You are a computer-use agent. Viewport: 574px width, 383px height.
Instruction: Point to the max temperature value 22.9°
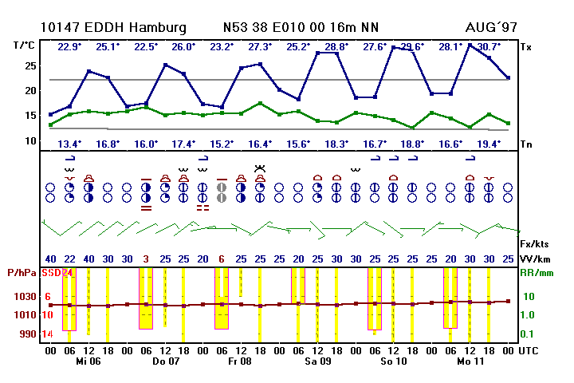point(69,46)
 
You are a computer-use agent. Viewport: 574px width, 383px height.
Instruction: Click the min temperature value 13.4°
point(69,144)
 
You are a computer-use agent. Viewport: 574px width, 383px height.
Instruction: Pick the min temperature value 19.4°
point(489,144)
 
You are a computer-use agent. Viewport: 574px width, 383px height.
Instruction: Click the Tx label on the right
point(526,47)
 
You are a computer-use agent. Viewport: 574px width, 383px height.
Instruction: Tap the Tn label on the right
point(526,144)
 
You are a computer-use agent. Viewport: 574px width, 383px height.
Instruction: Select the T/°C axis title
point(25,46)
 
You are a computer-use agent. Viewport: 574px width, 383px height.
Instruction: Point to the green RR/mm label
point(536,274)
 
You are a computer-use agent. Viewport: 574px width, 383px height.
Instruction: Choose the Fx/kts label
point(535,242)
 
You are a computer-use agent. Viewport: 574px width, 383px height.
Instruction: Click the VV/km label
point(535,259)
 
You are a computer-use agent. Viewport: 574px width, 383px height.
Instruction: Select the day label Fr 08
point(241,361)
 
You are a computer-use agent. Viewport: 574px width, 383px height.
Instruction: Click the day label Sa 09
point(317,361)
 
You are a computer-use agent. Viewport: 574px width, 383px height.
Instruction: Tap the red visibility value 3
point(146,259)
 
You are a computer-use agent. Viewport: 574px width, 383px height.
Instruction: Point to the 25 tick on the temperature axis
point(31,65)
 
